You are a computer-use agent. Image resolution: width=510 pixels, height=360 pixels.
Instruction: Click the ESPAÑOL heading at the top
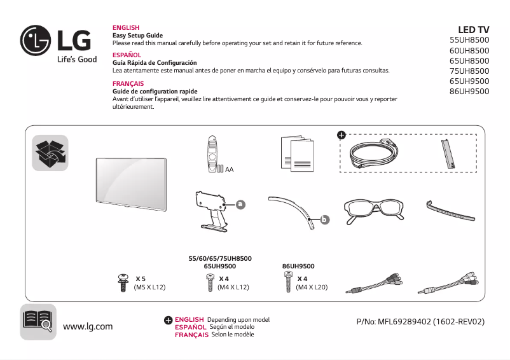pos(127,55)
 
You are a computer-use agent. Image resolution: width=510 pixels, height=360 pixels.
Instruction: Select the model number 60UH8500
pos(469,50)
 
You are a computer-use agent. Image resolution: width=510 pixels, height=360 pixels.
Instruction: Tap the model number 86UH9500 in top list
pos(469,91)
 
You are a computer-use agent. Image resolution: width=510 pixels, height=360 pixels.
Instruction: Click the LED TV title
pos(473,29)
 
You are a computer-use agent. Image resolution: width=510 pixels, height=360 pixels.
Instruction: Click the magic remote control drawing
pos(212,154)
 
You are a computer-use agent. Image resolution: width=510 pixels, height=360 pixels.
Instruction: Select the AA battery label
pos(229,170)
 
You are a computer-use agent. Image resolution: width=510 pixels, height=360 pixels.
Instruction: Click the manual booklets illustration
pos(297,153)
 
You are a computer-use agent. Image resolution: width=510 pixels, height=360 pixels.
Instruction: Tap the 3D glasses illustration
pos(373,211)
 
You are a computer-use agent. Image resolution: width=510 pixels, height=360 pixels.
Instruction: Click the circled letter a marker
pos(240,205)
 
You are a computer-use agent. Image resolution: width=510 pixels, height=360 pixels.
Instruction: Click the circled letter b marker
pos(324,220)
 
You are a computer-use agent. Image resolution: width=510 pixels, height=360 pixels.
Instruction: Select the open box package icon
pos(50,153)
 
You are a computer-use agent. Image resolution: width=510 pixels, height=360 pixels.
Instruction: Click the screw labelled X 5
pos(123,283)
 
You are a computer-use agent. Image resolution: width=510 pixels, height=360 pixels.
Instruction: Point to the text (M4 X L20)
pos(312,287)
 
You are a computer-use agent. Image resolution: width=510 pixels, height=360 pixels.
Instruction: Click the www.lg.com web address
pos(88,327)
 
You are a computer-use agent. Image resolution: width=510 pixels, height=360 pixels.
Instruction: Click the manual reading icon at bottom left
pos(38,321)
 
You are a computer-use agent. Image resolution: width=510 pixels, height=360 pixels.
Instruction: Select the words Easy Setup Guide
pos(137,36)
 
